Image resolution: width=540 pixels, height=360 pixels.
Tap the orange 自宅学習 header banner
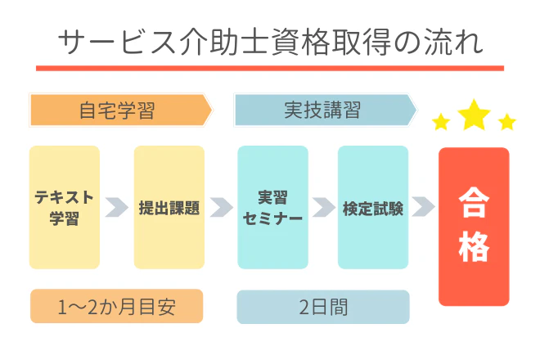[x=118, y=110]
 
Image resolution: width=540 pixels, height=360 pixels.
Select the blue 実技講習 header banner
[x=322, y=110]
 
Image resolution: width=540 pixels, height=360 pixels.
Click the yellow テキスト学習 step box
[x=65, y=207]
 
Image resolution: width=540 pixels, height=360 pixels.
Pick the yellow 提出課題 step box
[x=169, y=207]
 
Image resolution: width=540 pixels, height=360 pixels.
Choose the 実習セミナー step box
[x=273, y=207]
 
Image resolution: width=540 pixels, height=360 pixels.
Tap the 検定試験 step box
[x=373, y=207]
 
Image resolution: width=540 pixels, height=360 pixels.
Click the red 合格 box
[x=474, y=226]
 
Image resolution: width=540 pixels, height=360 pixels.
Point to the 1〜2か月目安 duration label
[x=116, y=307]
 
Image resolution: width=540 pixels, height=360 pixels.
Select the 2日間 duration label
[x=323, y=307]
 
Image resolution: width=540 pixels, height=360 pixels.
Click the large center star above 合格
[x=474, y=115]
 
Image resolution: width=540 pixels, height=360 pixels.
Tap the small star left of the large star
[x=441, y=123]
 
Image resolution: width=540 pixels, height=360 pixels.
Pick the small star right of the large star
[x=507, y=123]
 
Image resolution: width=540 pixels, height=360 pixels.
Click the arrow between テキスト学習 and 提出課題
[x=117, y=207]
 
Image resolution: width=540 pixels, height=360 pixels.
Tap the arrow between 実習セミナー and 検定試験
[x=323, y=207]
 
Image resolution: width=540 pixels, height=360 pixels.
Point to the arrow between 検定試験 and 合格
[x=423, y=207]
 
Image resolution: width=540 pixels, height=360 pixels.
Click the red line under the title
[x=270, y=67]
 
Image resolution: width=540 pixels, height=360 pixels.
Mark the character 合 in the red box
[x=474, y=200]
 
